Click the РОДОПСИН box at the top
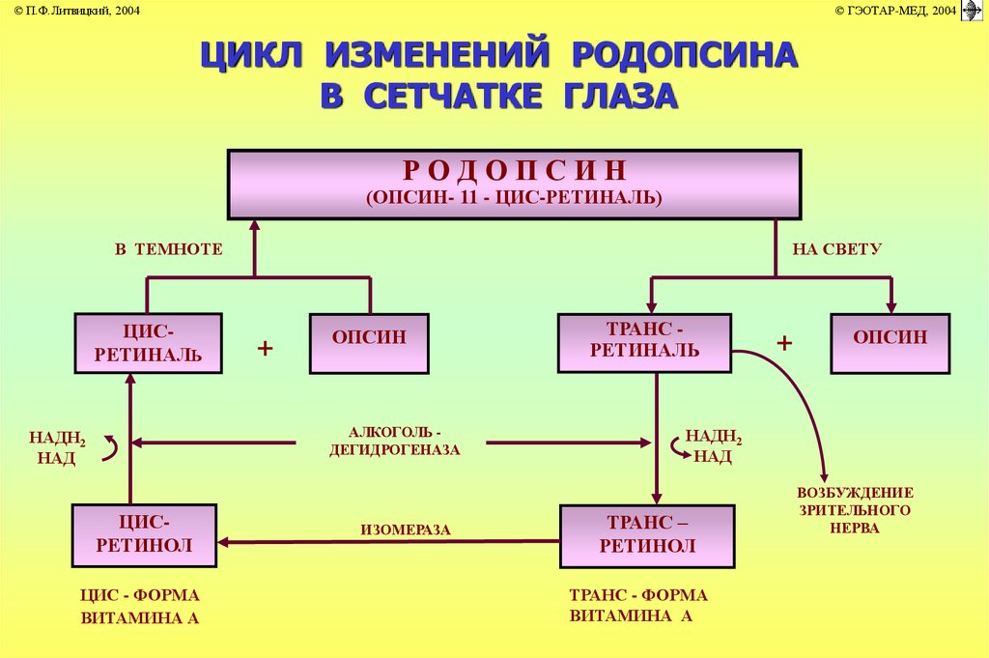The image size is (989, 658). pos(513,184)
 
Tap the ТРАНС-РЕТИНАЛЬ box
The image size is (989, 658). pos(644,341)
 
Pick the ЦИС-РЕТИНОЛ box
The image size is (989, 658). pos(145,534)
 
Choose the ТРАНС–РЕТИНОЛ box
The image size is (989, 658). pos(646,534)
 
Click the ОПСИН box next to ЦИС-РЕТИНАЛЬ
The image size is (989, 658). pos(369,342)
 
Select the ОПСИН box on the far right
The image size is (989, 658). pos(890,342)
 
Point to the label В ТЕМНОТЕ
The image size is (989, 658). pos(169,249)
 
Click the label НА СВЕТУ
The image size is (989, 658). pos(836,249)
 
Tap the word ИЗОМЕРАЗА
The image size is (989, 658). pos(406,529)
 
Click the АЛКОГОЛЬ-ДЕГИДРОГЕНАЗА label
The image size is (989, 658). pos(390,442)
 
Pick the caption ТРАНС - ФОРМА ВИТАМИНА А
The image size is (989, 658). pos(638,606)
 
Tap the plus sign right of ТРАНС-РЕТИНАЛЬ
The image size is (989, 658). pos(784,344)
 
